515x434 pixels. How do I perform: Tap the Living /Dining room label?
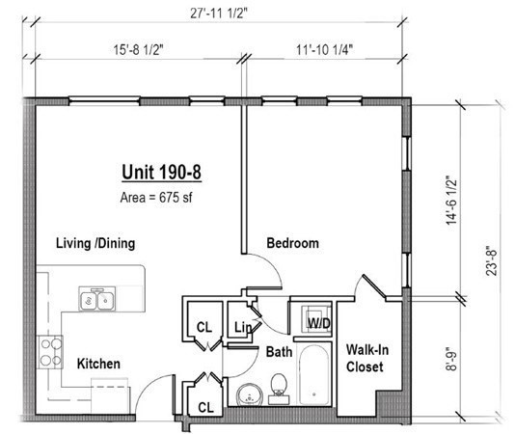95,243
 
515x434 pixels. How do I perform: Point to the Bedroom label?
292,244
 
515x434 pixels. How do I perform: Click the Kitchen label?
98,364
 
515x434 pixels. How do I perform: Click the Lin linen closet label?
243,328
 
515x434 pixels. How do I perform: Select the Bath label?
280,353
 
